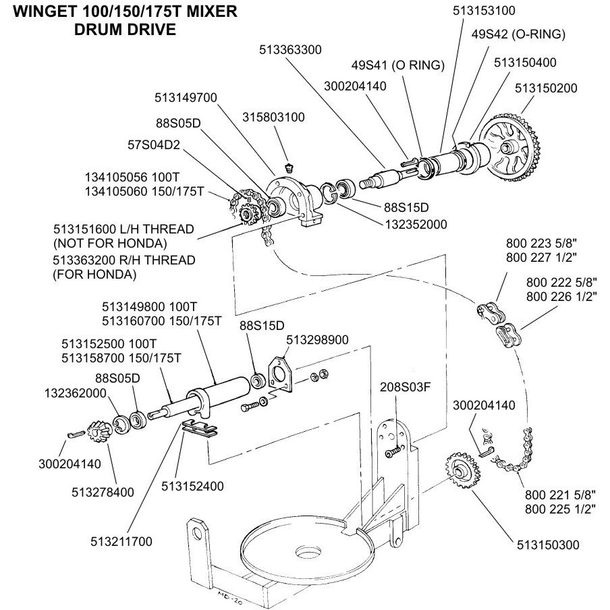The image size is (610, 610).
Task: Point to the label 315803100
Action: click(273, 117)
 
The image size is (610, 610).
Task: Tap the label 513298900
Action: click(317, 339)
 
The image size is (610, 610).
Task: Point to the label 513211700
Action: click(121, 541)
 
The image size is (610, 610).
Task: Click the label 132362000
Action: click(76, 393)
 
